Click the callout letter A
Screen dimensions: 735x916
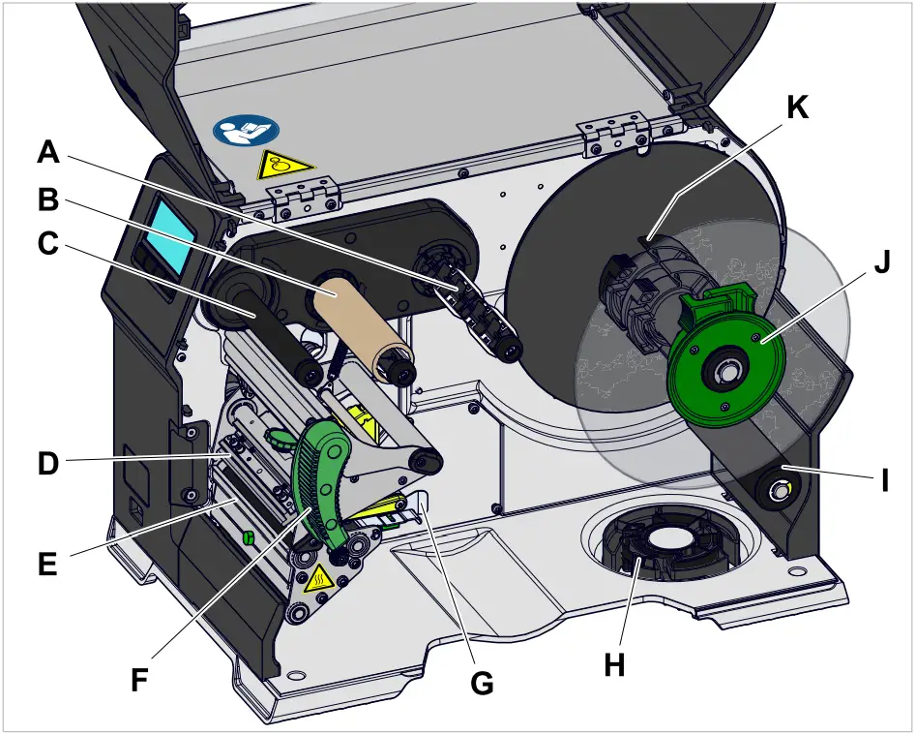click(48, 152)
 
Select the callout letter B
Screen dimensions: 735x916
click(48, 200)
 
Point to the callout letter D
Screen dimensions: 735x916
click(48, 464)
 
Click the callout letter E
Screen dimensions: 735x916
click(48, 563)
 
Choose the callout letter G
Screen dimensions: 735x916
click(481, 683)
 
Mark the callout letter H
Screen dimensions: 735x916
click(614, 664)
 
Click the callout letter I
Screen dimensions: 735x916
click(883, 479)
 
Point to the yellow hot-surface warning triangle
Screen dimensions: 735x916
click(318, 581)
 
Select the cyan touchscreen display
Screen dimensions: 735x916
click(172, 234)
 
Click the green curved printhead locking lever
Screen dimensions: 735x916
click(320, 475)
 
